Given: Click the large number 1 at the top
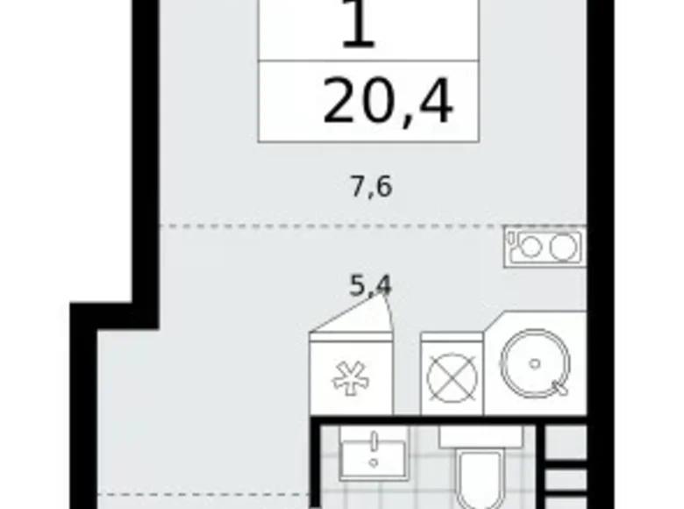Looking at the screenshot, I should pyautogui.click(x=358, y=26).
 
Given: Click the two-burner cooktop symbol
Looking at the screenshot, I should pyautogui.click(x=545, y=247).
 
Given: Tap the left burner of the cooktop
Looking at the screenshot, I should pyautogui.click(x=529, y=247).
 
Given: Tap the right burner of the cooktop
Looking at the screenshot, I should pyautogui.click(x=561, y=247).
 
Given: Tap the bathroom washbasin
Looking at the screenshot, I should pyautogui.click(x=372, y=456).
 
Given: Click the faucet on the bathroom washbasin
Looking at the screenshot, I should pyautogui.click(x=374, y=441).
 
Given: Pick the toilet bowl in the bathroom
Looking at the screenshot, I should pyautogui.click(x=479, y=483).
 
